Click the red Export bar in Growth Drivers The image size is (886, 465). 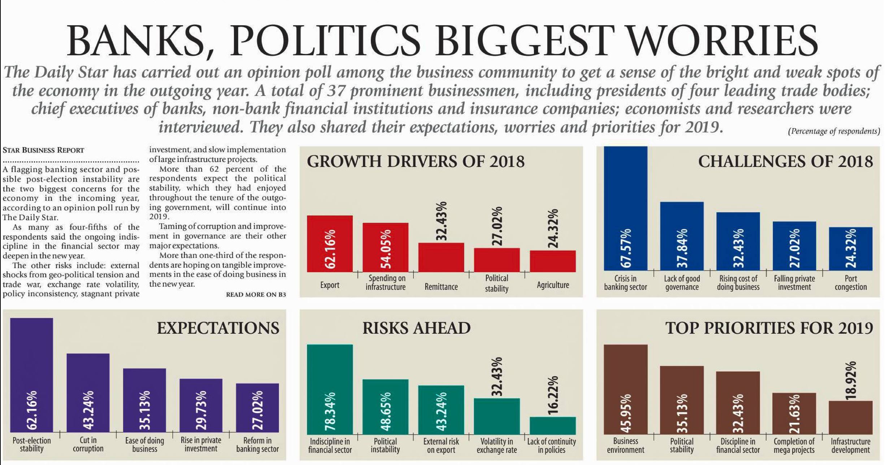coord(330,244)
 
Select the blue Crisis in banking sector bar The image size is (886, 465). coord(625,208)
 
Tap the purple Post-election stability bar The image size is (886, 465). coord(31,375)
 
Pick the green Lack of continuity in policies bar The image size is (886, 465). coord(552,425)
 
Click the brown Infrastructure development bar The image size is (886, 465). coord(851,417)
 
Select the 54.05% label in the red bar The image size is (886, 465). coord(386,249)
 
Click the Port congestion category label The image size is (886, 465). coord(851,283)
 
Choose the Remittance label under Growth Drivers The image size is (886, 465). coord(441,287)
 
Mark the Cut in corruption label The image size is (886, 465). coord(88,444)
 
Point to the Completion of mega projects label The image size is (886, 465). coord(794,446)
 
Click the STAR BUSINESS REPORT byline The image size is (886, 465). coord(43,150)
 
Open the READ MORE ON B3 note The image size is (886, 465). coord(256,295)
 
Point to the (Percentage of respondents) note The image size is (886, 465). coord(834,131)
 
